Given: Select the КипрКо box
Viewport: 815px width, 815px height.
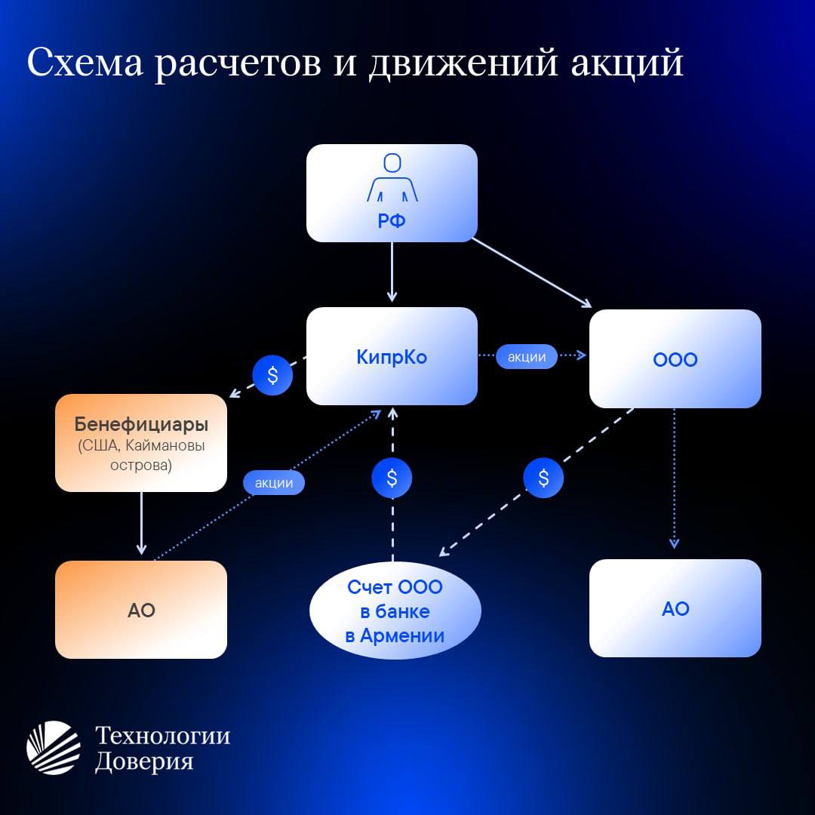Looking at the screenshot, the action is point(392,356).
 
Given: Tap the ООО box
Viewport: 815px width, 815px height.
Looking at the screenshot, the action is point(675,358).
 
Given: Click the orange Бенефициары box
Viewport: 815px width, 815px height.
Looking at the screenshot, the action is point(141,443).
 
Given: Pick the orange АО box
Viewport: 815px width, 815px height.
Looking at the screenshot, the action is point(141,610).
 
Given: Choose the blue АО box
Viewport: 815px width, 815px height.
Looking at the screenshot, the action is point(675,608).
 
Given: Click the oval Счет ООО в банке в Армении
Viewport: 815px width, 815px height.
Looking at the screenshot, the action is point(395,610).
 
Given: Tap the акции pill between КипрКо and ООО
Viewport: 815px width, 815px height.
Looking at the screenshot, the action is point(527,356).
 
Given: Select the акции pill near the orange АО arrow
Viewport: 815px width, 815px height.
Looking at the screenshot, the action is point(274,482).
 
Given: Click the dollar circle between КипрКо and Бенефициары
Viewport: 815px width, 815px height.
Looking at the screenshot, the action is point(272,375).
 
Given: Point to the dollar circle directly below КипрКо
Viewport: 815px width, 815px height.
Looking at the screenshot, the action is point(392,478).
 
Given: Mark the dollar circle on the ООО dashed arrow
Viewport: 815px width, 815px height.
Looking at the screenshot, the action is point(543,478).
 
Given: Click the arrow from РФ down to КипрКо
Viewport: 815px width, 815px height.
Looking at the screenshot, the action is point(392,272).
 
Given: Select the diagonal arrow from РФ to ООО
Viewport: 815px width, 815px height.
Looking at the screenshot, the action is point(532,273).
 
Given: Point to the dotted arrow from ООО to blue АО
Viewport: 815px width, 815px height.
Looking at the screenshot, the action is point(674,478).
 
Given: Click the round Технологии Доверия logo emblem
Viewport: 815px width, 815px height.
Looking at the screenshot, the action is point(54,747).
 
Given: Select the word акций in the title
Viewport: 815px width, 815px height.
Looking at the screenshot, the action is point(627,63).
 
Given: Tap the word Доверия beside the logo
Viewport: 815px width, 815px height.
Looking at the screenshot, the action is point(144,761).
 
